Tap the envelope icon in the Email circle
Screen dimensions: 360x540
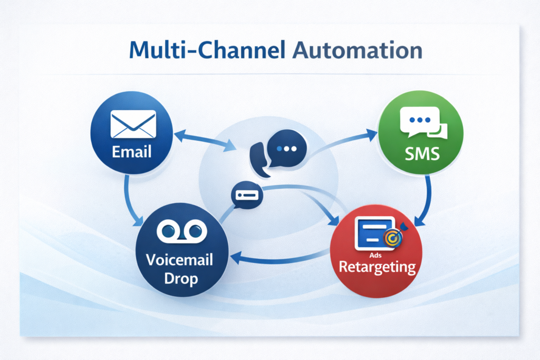pyautogui.click(x=133, y=124)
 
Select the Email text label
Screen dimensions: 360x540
pyautogui.click(x=132, y=152)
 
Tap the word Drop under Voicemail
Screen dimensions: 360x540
pyautogui.click(x=181, y=278)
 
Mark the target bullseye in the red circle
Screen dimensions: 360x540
pyautogui.click(x=393, y=237)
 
